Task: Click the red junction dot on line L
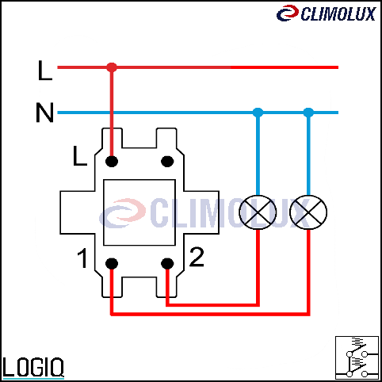(x=112, y=67)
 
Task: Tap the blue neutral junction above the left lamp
(x=258, y=113)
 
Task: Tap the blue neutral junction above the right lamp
(x=308, y=113)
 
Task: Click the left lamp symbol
(x=258, y=212)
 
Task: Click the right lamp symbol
(x=308, y=212)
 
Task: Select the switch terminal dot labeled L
(x=112, y=161)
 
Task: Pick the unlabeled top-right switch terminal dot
(x=167, y=161)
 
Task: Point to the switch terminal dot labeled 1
(x=112, y=263)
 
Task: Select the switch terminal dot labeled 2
(x=167, y=263)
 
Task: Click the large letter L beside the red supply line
(x=45, y=71)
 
